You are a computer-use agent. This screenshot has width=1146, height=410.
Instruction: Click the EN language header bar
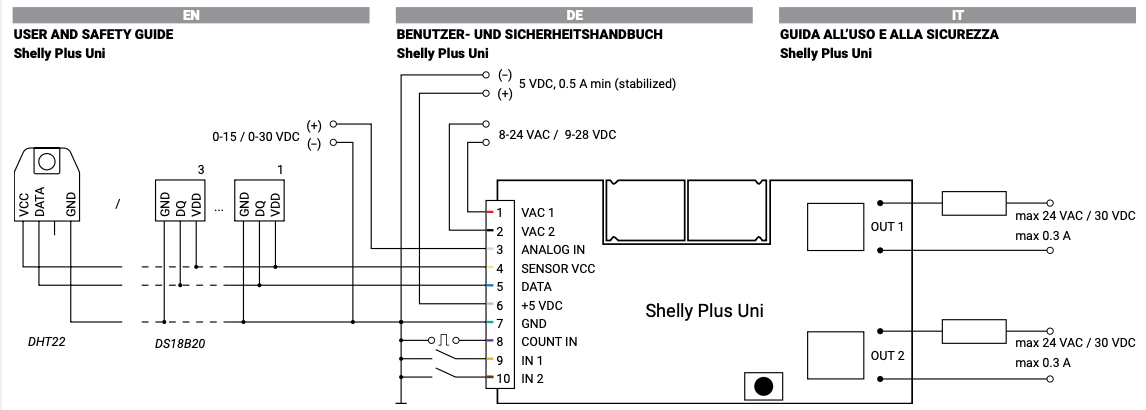(x=191, y=16)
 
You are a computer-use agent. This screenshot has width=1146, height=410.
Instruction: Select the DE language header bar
(x=574, y=16)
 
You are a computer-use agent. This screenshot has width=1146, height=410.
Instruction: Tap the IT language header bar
(x=958, y=16)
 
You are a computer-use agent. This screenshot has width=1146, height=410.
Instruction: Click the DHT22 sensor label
(x=47, y=341)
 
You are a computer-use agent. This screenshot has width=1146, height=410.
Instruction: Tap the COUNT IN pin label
(x=549, y=342)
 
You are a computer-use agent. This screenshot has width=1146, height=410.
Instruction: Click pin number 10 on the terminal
(x=502, y=379)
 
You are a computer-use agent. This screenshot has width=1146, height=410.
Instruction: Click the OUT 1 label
(x=887, y=227)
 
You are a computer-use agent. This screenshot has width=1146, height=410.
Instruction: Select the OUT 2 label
(x=887, y=356)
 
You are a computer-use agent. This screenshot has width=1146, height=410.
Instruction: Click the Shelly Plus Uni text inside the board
(x=705, y=311)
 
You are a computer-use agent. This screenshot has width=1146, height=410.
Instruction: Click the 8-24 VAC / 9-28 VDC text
(x=557, y=134)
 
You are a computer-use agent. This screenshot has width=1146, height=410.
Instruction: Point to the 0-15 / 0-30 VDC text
(x=255, y=134)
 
